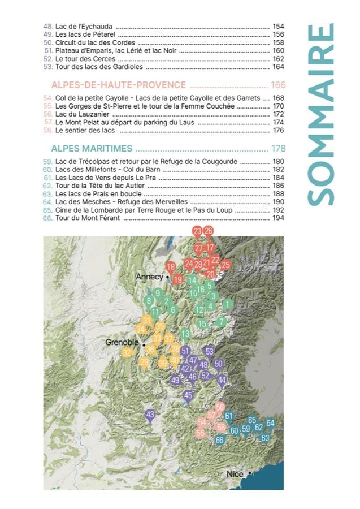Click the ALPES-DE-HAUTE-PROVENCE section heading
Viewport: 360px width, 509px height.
(119, 85)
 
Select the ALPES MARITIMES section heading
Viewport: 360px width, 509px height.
(92, 149)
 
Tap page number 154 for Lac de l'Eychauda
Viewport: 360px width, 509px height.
(278, 27)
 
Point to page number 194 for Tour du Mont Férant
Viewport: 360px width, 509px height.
(278, 218)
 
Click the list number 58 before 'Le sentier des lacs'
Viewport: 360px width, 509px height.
(47, 130)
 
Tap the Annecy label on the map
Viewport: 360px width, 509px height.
(149, 277)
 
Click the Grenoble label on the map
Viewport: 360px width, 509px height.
(122, 342)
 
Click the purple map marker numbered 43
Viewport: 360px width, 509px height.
(150, 415)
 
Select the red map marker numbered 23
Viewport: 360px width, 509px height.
(197, 231)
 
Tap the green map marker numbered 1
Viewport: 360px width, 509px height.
(227, 304)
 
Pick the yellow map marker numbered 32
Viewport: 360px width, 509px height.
(127, 352)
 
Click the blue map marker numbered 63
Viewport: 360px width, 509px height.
(265, 438)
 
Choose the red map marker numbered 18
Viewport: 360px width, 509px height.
(170, 266)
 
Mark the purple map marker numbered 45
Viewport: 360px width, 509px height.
(188, 395)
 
